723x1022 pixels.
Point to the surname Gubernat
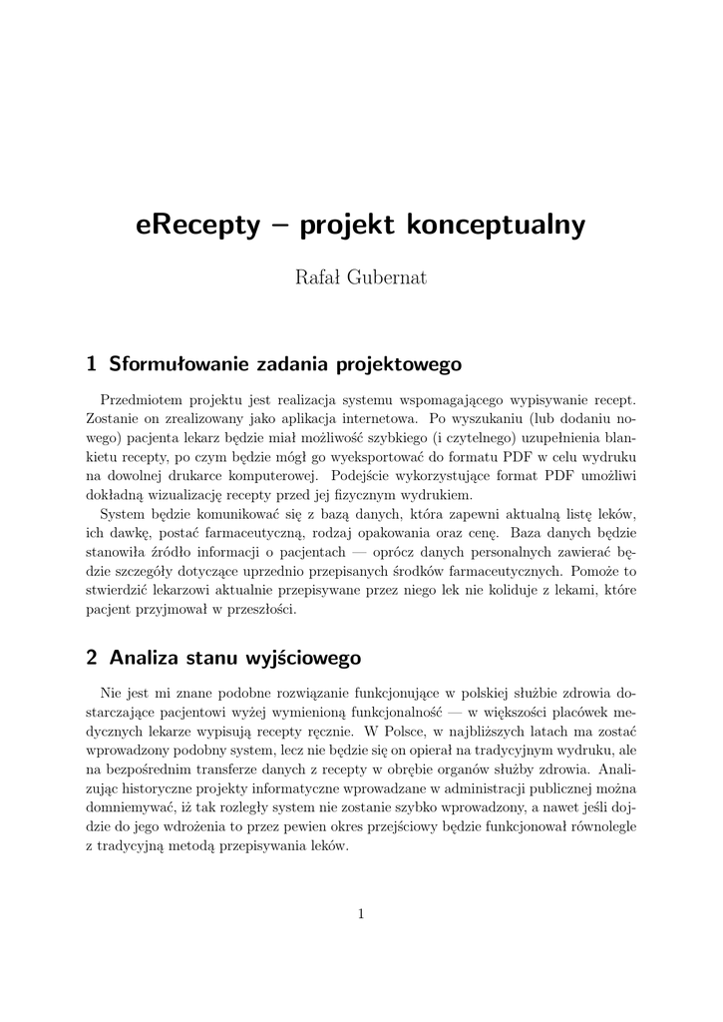pyautogui.click(x=387, y=278)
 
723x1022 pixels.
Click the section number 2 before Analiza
pyautogui.click(x=92, y=658)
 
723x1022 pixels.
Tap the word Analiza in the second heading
pyautogui.click(x=145, y=658)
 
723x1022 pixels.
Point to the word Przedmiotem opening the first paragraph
pyautogui.click(x=147, y=399)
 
